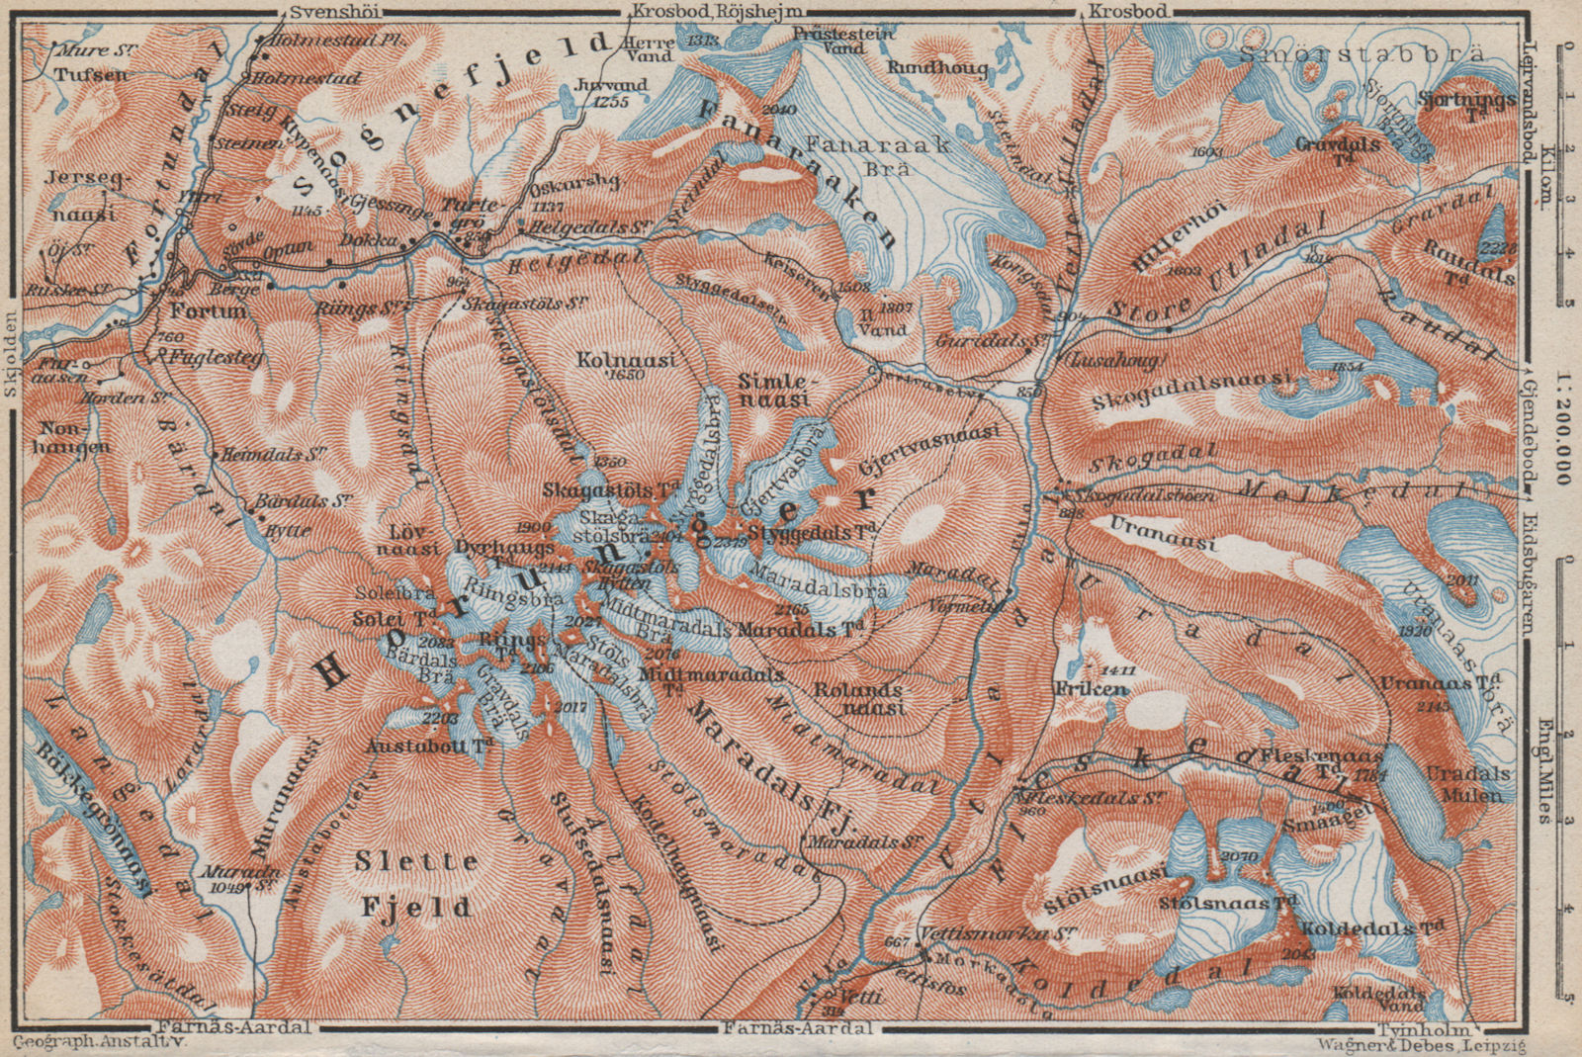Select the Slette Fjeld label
coord(395,882)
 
